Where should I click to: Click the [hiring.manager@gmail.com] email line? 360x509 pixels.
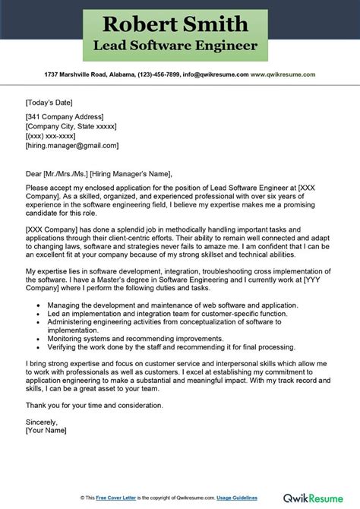[x=72, y=144]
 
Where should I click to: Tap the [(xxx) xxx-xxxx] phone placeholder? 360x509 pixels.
[x=54, y=134]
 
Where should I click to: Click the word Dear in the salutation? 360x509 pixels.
[x=34, y=172]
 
